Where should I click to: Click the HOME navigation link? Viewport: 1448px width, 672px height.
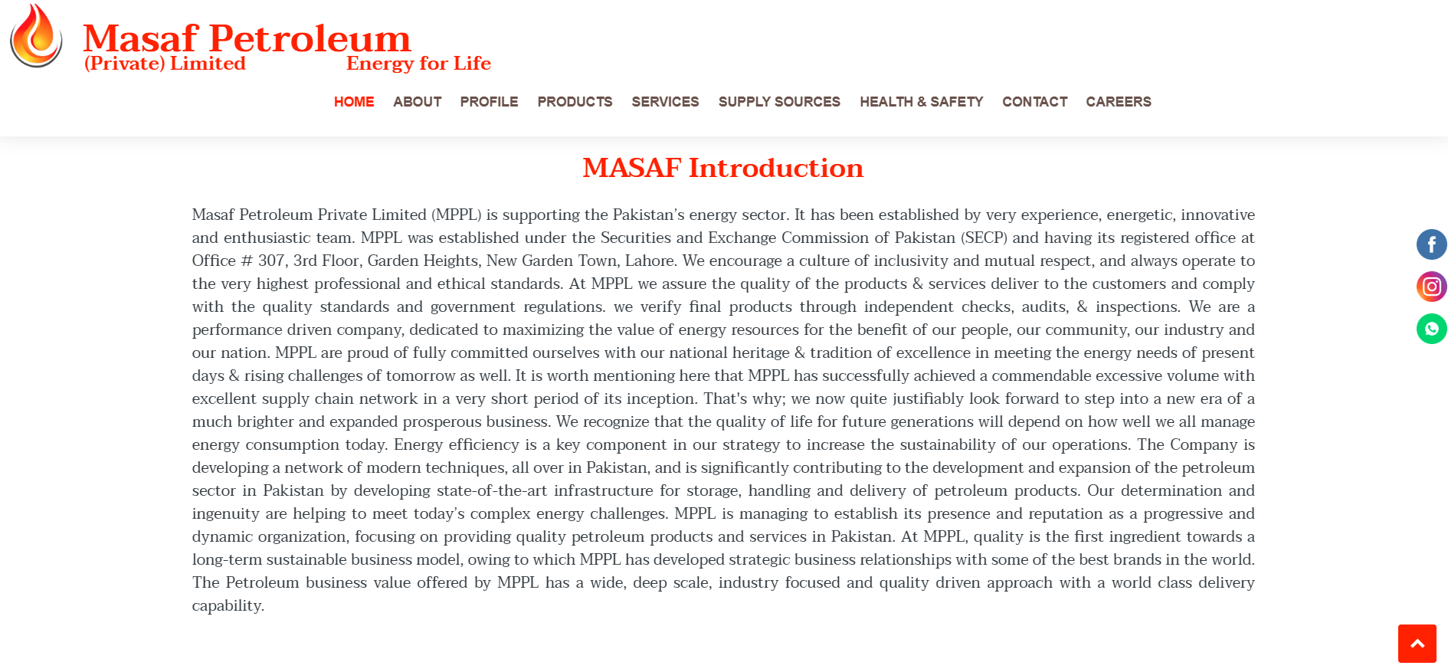click(x=354, y=102)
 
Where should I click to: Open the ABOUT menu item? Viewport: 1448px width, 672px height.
click(x=417, y=102)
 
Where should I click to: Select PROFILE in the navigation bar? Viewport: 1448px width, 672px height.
click(x=489, y=102)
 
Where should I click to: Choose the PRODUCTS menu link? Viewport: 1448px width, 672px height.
click(x=575, y=102)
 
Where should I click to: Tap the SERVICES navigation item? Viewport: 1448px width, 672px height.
click(x=665, y=102)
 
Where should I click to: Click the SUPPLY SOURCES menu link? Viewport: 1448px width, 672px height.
click(x=779, y=102)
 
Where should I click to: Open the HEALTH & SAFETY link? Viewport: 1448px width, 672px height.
click(x=921, y=102)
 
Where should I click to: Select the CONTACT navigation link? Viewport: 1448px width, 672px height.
click(x=1034, y=102)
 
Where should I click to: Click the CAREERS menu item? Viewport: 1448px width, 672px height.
click(x=1118, y=102)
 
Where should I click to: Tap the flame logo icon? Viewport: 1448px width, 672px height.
click(x=36, y=36)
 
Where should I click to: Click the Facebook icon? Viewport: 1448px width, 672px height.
click(x=1431, y=244)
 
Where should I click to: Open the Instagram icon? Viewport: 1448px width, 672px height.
click(x=1431, y=287)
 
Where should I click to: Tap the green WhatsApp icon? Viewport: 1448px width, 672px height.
click(x=1431, y=329)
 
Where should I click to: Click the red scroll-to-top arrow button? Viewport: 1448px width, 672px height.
click(x=1417, y=644)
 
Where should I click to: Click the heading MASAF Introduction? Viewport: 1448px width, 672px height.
click(x=722, y=168)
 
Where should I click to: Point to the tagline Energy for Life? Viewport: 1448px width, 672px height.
click(x=418, y=64)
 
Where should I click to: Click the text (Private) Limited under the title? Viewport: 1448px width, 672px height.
click(x=165, y=64)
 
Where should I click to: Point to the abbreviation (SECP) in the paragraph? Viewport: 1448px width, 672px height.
click(x=984, y=238)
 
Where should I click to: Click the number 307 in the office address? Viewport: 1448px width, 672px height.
click(x=271, y=261)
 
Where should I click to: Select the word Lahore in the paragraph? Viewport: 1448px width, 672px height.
click(x=650, y=261)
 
